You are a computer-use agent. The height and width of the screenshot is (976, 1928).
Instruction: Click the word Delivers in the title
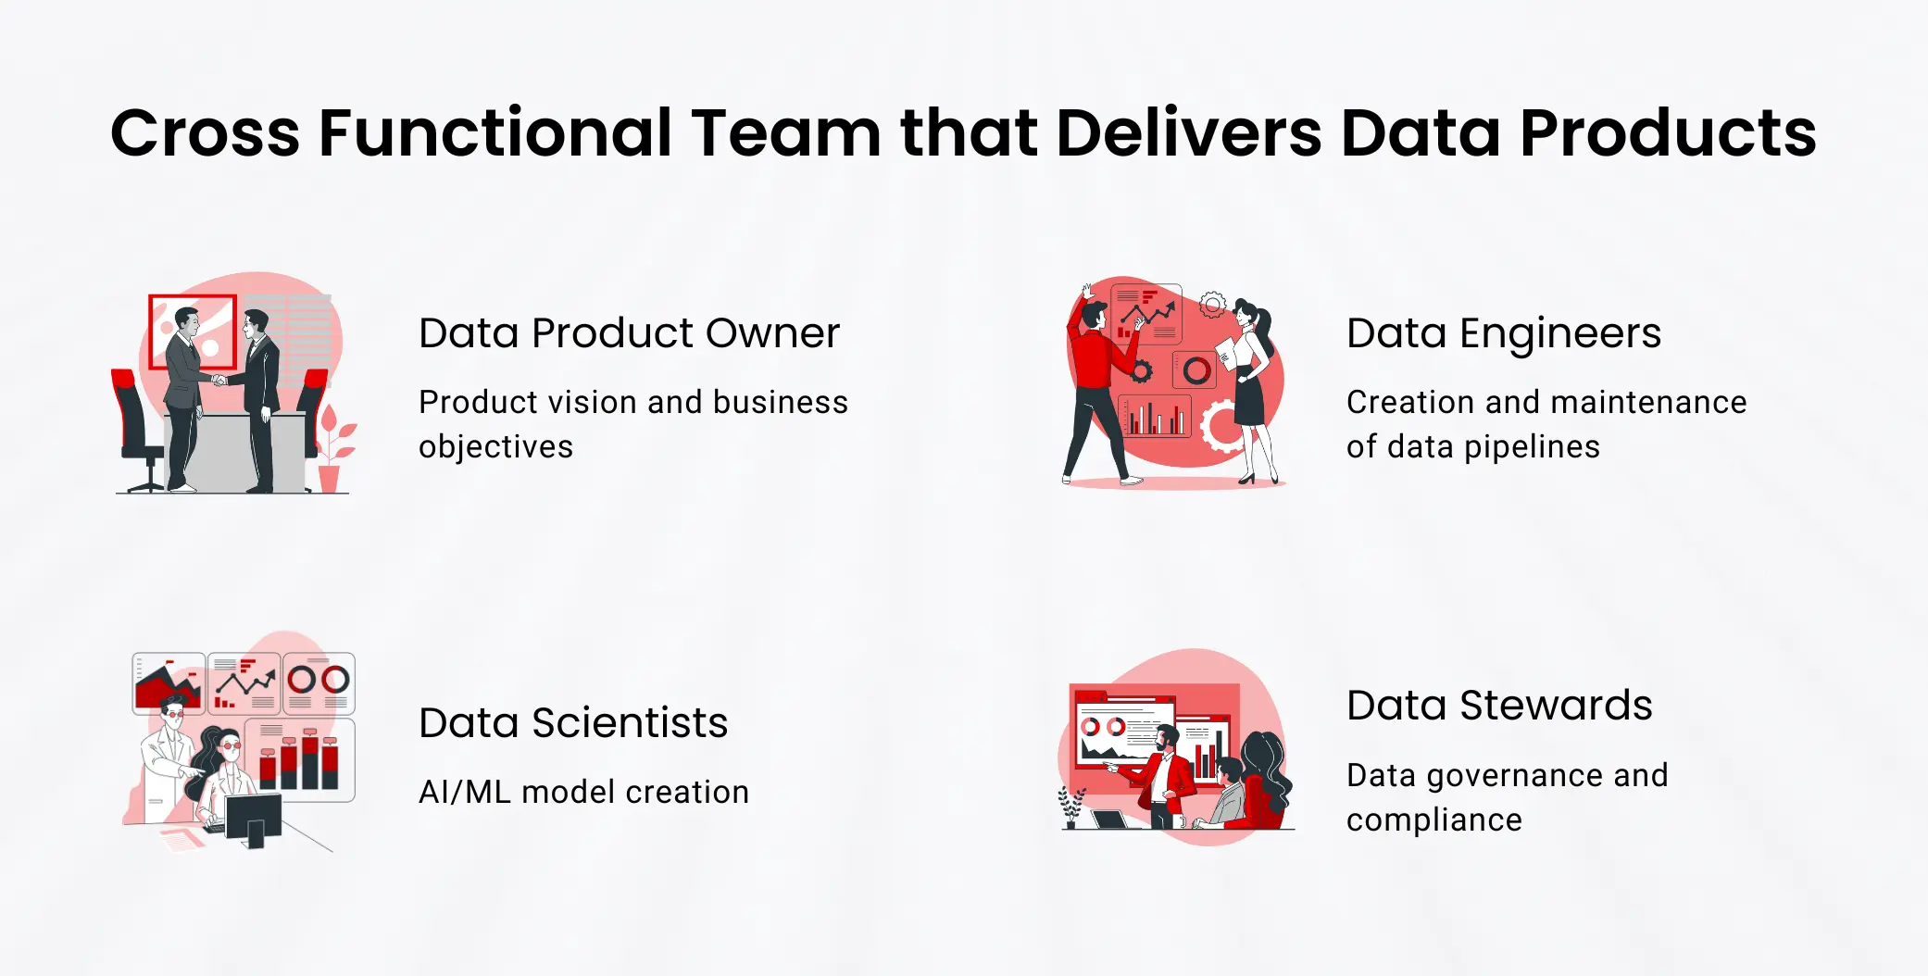(1190, 133)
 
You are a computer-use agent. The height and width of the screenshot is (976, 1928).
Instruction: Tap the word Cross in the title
(205, 133)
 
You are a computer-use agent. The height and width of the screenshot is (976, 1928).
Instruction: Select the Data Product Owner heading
(629, 333)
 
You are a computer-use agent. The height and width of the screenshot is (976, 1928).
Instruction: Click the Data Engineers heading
(1503, 333)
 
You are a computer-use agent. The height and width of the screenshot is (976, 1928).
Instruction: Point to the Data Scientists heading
(572, 723)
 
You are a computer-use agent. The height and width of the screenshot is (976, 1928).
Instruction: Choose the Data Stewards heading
(1498, 706)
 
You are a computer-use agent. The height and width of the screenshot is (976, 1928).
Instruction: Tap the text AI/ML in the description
(464, 793)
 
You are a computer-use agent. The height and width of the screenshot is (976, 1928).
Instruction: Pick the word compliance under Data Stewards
(1433, 820)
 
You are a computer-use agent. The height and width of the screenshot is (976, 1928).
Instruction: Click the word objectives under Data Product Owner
(495, 447)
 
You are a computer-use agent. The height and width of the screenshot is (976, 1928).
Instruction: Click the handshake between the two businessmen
(219, 380)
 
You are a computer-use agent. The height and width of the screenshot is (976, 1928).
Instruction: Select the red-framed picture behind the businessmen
(193, 331)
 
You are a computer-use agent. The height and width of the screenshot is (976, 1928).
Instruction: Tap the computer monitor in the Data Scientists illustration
(253, 819)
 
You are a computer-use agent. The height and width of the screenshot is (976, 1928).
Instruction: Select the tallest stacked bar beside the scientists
(310, 759)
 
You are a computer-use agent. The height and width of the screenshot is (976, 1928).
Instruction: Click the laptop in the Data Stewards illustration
(1109, 820)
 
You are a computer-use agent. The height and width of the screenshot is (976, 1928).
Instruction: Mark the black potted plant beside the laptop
(1071, 807)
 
